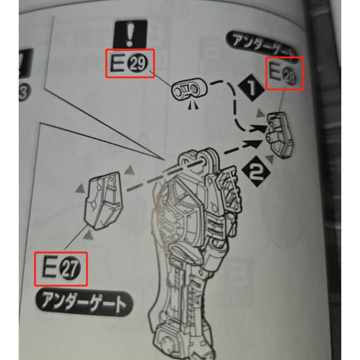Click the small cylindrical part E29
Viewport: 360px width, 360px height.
[188, 91]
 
